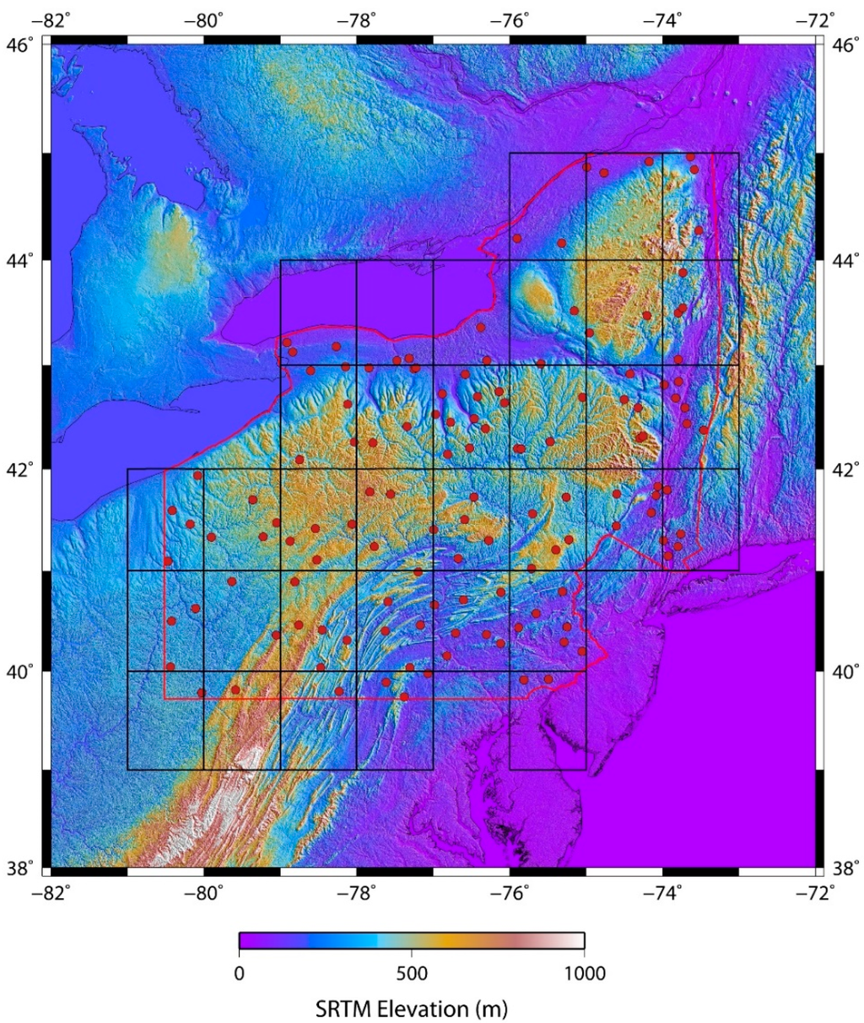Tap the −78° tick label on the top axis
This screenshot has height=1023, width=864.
click(356, 19)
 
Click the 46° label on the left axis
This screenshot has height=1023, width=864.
click(19, 45)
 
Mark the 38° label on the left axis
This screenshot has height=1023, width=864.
click(19, 867)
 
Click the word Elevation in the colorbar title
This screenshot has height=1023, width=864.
click(424, 1009)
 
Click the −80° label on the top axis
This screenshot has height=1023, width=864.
click(204, 19)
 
